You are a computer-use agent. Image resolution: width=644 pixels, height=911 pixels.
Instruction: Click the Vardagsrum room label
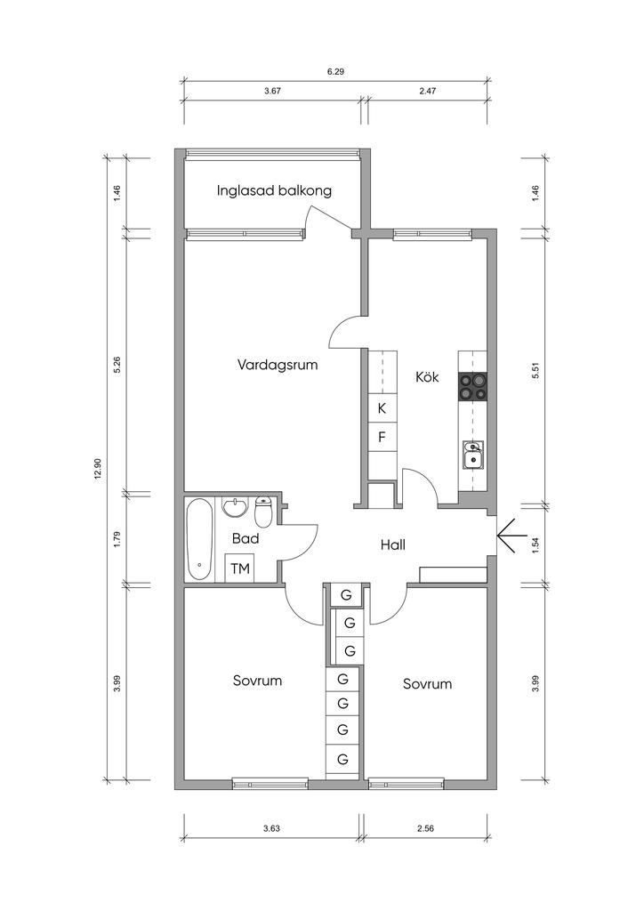coord(278,364)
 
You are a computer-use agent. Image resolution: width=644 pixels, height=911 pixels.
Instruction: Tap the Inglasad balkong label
coord(274,190)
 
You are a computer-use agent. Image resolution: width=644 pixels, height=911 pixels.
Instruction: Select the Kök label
coord(427,376)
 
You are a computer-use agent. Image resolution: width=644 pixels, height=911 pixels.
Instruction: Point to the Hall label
coord(392,544)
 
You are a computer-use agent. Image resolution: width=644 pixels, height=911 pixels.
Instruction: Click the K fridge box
coord(382,408)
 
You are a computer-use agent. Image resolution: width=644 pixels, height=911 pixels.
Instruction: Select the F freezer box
coord(382,437)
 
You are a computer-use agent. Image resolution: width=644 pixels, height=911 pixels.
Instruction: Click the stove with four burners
coord(473,386)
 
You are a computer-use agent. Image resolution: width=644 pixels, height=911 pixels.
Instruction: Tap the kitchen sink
coord(473,455)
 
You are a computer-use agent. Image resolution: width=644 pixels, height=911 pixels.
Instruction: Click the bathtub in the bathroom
coord(199,538)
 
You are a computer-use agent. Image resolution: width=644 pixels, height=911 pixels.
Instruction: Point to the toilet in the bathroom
coord(263,513)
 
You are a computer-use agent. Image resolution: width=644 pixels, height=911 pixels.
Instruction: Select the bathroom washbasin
coord(235,509)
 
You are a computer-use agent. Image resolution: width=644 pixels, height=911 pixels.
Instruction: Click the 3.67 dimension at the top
coord(272,92)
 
